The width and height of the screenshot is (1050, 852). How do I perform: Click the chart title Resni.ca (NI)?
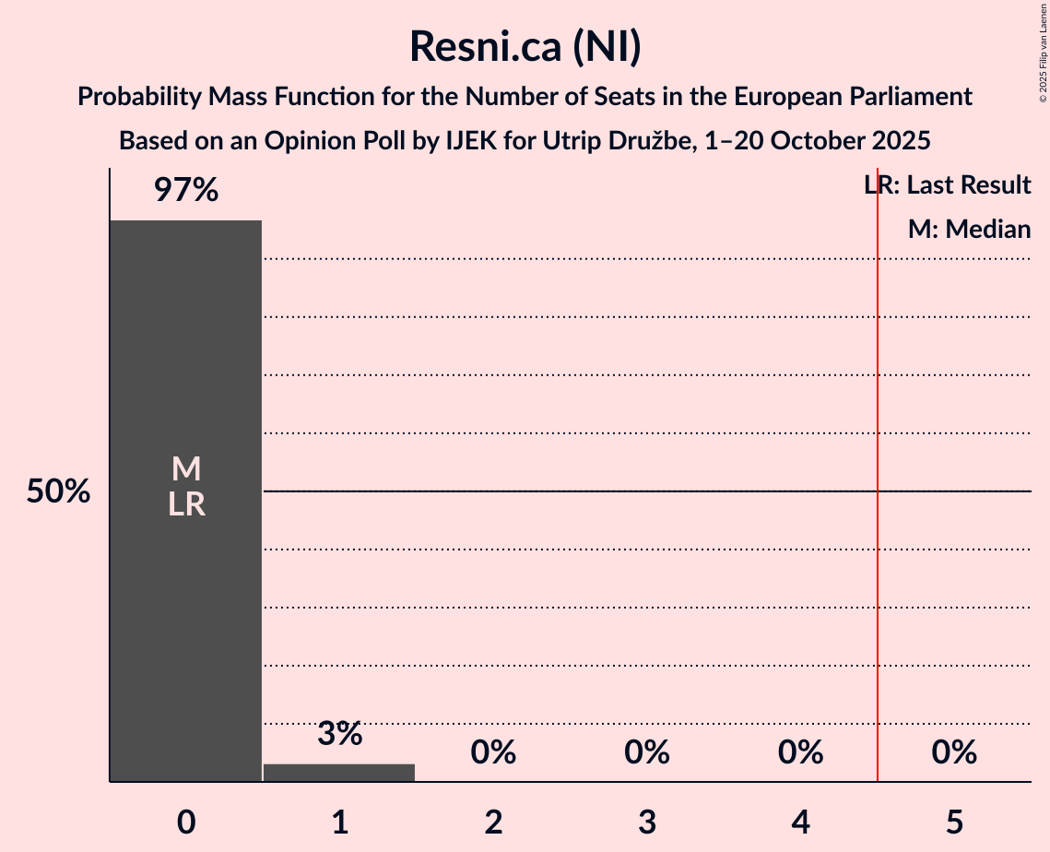pos(525,46)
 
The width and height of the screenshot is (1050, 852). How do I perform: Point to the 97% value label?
pos(185,190)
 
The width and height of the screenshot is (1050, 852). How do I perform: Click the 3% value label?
pos(339,734)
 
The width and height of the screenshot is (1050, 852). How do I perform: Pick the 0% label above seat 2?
pos(493,752)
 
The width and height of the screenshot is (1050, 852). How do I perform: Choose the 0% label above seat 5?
pos(954,752)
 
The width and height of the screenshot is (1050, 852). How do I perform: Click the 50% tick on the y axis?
pos(58,491)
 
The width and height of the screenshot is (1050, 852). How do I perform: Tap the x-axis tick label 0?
pos(185,822)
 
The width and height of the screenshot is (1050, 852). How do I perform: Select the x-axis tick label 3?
pos(646,822)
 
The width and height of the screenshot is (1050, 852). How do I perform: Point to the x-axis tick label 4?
pos(800,822)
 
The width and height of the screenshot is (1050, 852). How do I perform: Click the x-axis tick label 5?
pos(954,822)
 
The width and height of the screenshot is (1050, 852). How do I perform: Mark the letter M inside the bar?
pos(185,469)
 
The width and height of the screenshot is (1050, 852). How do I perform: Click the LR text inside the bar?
pos(185,504)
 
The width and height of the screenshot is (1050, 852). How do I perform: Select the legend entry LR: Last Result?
pos(947,185)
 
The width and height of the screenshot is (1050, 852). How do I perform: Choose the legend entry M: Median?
pos(969,229)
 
